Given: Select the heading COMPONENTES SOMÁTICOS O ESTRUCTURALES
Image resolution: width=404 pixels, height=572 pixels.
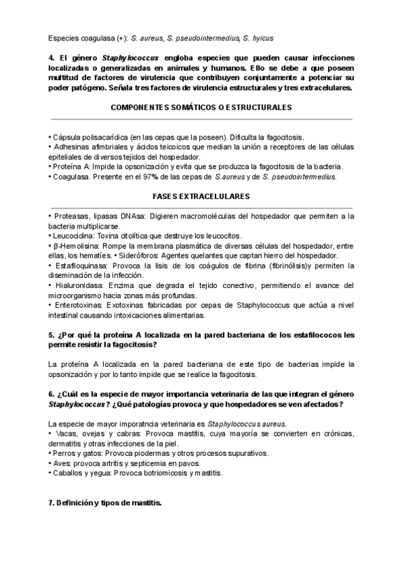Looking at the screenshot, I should [x=201, y=107].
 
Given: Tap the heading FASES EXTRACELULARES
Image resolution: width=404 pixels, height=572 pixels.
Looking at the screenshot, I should [x=201, y=196].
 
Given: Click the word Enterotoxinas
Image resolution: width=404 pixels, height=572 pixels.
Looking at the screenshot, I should [x=77, y=306].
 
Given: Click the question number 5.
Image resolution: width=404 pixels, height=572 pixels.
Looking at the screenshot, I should [x=53, y=335].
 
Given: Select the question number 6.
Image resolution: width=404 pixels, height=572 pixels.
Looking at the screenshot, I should [x=53, y=393].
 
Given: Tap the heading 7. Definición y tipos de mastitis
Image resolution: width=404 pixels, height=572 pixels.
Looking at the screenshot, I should [x=105, y=504].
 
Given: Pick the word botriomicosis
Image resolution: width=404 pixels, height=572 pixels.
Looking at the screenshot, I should [x=174, y=474].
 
